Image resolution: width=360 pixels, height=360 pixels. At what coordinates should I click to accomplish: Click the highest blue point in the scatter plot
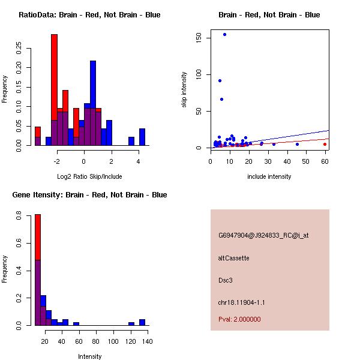[224, 34]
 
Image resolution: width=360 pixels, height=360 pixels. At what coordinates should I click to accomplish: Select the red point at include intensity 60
[325, 144]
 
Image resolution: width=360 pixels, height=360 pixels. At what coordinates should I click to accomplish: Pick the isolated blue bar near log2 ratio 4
[142, 137]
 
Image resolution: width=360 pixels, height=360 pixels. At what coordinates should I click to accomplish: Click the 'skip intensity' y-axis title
[184, 90]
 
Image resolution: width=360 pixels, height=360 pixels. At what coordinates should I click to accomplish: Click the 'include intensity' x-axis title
[269, 176]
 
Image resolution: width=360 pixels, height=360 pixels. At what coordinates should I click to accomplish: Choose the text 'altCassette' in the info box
[234, 258]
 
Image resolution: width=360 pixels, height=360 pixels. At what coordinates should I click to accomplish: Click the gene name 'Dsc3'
[225, 280]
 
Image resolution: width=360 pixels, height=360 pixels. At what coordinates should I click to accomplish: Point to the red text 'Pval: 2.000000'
[240, 319]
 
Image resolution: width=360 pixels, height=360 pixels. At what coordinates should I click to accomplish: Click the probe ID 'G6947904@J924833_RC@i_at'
[263, 236]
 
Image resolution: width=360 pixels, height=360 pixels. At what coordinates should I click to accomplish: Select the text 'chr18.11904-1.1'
[242, 302]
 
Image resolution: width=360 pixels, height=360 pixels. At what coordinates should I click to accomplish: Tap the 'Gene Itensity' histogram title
[89, 195]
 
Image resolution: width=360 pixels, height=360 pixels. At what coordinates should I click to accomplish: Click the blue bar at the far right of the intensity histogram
[142, 322]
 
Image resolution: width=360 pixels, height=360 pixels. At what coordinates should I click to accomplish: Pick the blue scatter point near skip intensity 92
[220, 80]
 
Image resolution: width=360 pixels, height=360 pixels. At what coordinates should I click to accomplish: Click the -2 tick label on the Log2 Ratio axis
[56, 161]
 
